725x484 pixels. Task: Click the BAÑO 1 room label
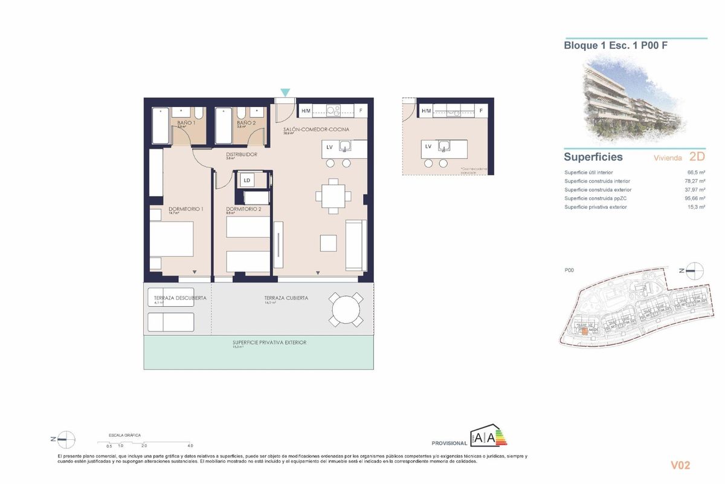(x=185, y=123)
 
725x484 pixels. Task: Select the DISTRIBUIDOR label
(x=242, y=154)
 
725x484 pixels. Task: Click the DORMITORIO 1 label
(x=186, y=209)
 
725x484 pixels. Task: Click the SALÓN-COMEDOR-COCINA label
(x=316, y=129)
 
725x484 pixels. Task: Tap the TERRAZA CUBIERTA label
(x=286, y=298)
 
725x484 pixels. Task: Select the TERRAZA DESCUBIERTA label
(x=180, y=298)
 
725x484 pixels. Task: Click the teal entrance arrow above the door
(x=285, y=92)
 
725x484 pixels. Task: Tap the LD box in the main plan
(x=246, y=180)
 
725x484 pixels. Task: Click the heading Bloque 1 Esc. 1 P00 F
(x=615, y=45)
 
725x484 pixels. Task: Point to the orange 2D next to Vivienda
(x=697, y=157)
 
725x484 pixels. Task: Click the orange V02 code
(x=680, y=465)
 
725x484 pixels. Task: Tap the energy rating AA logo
(x=488, y=437)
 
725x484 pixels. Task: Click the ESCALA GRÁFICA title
(x=124, y=435)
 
